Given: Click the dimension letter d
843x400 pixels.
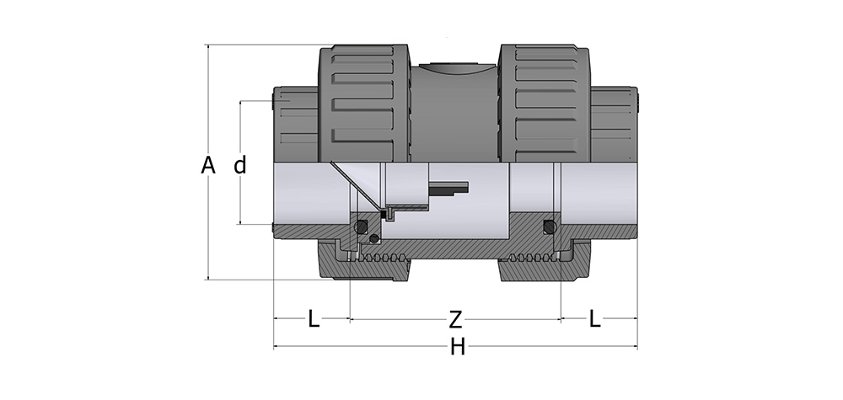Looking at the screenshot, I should point(240,165).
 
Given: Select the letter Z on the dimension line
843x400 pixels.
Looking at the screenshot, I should point(455,319).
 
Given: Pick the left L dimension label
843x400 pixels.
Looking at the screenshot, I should point(313,319).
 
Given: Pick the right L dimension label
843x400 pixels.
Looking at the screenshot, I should point(595,319).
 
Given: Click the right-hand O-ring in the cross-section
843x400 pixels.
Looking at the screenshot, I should point(550,227).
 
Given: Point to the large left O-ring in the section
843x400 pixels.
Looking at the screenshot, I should point(362,227).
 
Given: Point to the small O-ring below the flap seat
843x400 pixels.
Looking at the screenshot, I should point(373,240).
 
